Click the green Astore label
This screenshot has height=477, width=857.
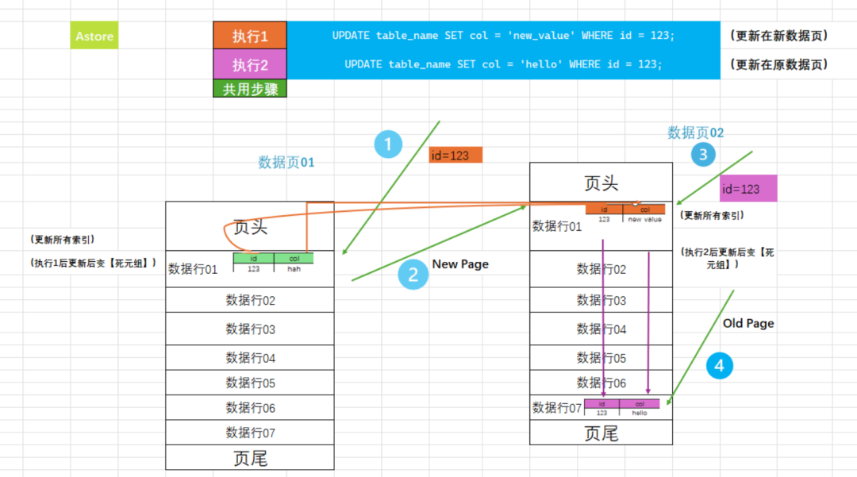[x=94, y=37]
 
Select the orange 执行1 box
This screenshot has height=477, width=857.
[x=250, y=37]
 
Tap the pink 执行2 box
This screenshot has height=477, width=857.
[x=250, y=64]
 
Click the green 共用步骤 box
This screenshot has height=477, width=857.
[x=250, y=89]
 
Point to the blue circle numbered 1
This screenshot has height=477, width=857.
[x=388, y=144]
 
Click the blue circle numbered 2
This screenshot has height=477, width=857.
[x=413, y=275]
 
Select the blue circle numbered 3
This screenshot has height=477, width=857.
[x=703, y=154]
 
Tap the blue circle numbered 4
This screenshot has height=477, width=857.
[x=719, y=366]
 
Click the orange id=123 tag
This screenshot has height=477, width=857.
[x=455, y=156]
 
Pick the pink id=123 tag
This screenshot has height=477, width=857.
[x=748, y=189]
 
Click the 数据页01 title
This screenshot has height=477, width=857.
[x=286, y=163]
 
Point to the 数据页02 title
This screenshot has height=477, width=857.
[x=696, y=133]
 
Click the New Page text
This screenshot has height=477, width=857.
[x=460, y=264]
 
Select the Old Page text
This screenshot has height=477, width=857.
[x=748, y=324]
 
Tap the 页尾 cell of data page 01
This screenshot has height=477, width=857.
[x=250, y=458]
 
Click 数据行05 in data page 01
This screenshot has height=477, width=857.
[x=250, y=383]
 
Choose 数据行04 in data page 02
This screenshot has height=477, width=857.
[x=601, y=329]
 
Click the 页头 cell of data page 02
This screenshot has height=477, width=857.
[x=601, y=183]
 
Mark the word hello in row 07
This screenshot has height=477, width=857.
[x=640, y=414]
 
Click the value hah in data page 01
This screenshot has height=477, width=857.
[x=294, y=269]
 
